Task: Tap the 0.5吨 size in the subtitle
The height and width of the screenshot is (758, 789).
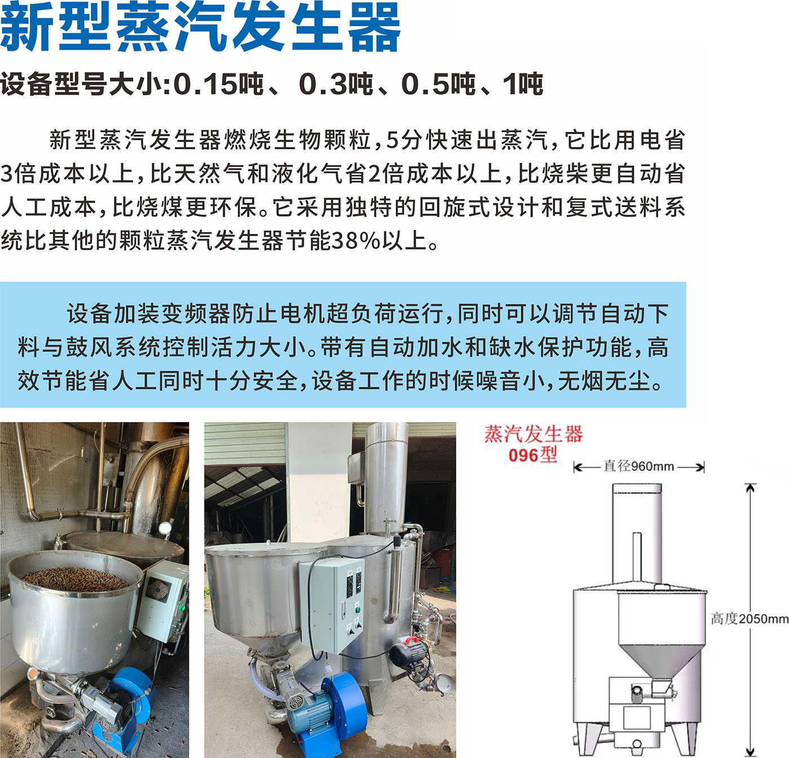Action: click(438, 85)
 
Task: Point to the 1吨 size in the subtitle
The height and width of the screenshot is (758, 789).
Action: click(522, 85)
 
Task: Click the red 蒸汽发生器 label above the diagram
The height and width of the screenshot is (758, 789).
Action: click(533, 434)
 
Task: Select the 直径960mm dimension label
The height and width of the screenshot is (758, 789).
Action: click(639, 466)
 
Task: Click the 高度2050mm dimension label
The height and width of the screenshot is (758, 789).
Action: click(749, 630)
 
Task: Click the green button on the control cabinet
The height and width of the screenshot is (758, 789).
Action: click(358, 609)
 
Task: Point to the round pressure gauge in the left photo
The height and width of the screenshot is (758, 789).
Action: click(165, 528)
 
